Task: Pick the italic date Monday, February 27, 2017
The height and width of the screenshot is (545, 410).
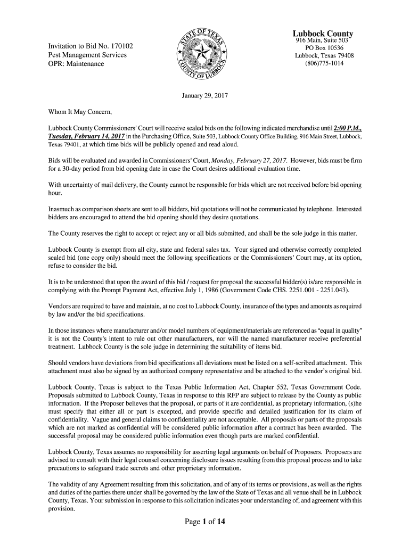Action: coord(250,160)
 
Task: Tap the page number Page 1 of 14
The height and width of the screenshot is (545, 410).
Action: coord(205,522)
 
